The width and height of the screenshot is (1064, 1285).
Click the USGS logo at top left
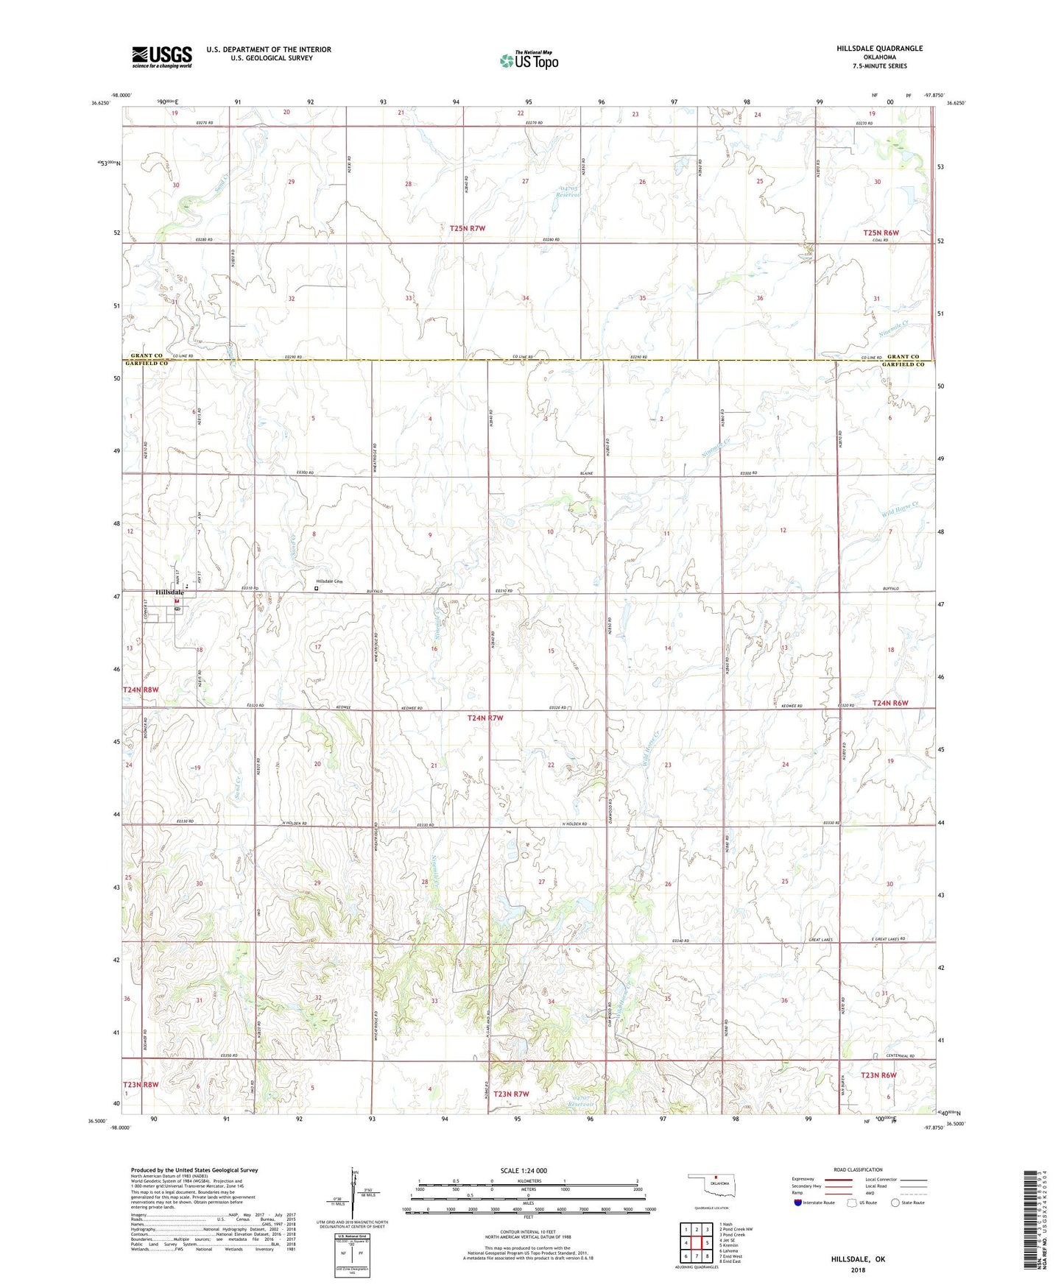pyautogui.click(x=162, y=57)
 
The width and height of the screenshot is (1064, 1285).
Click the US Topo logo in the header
pyautogui.click(x=529, y=61)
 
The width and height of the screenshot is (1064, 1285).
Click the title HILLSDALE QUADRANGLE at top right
pyautogui.click(x=879, y=49)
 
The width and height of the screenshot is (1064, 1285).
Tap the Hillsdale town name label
pyautogui.click(x=169, y=592)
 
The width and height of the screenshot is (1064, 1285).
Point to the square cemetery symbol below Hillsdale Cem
pyautogui.click(x=317, y=589)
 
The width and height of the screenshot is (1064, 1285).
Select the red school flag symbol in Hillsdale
pyautogui.click(x=177, y=602)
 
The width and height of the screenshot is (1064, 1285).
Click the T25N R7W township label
pyautogui.click(x=468, y=228)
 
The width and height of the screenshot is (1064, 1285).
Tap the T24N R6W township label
pyautogui.click(x=890, y=703)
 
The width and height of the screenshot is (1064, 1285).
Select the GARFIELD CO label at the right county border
pyautogui.click(x=903, y=364)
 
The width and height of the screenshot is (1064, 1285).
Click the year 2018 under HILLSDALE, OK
pyautogui.click(x=858, y=1270)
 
